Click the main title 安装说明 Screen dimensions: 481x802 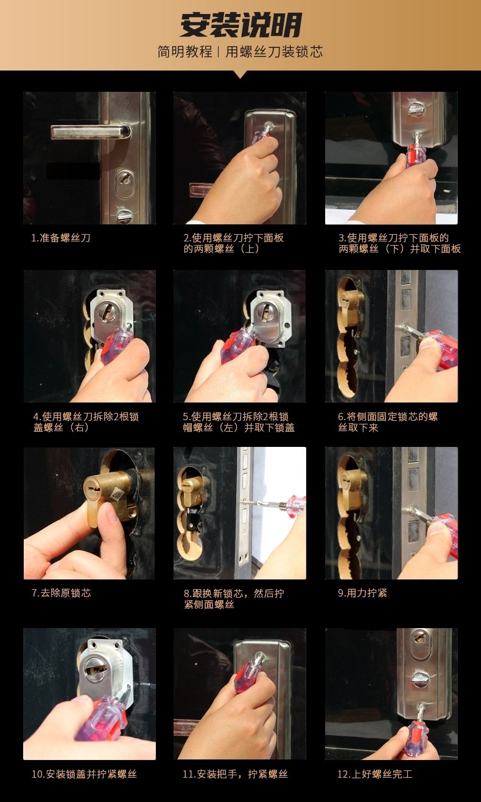240,25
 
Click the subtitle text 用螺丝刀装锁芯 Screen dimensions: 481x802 274,52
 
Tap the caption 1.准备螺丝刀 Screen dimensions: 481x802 60,238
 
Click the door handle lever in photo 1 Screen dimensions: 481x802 91,131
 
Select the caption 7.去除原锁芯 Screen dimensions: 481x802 61,593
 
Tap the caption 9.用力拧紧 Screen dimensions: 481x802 362,593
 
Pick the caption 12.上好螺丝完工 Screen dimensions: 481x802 374,774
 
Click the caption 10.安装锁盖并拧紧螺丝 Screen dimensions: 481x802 84,774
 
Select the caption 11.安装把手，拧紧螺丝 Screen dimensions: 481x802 236,774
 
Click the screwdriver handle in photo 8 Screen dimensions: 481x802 293,503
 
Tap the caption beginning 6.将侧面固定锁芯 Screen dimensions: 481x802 388,422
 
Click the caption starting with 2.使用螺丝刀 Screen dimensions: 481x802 234,243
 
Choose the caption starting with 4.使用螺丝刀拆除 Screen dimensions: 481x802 86,422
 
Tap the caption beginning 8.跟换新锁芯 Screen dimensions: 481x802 234,599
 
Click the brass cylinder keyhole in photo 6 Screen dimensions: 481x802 345,297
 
